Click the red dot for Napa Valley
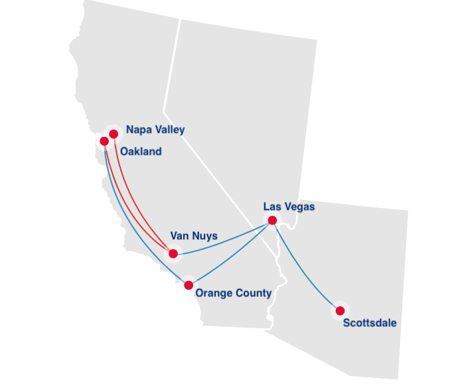pos(113,134)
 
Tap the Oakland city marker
pos(104,141)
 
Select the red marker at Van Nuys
pos(173,253)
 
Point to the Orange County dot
pos(189,285)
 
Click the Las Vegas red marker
pos(272,220)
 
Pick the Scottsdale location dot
pos(340,310)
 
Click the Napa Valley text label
pos(155,130)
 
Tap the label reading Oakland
pos(141,151)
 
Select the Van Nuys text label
pos(194,235)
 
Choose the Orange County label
pos(233,293)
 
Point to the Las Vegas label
pos(289,207)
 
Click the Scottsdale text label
pos(370,324)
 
